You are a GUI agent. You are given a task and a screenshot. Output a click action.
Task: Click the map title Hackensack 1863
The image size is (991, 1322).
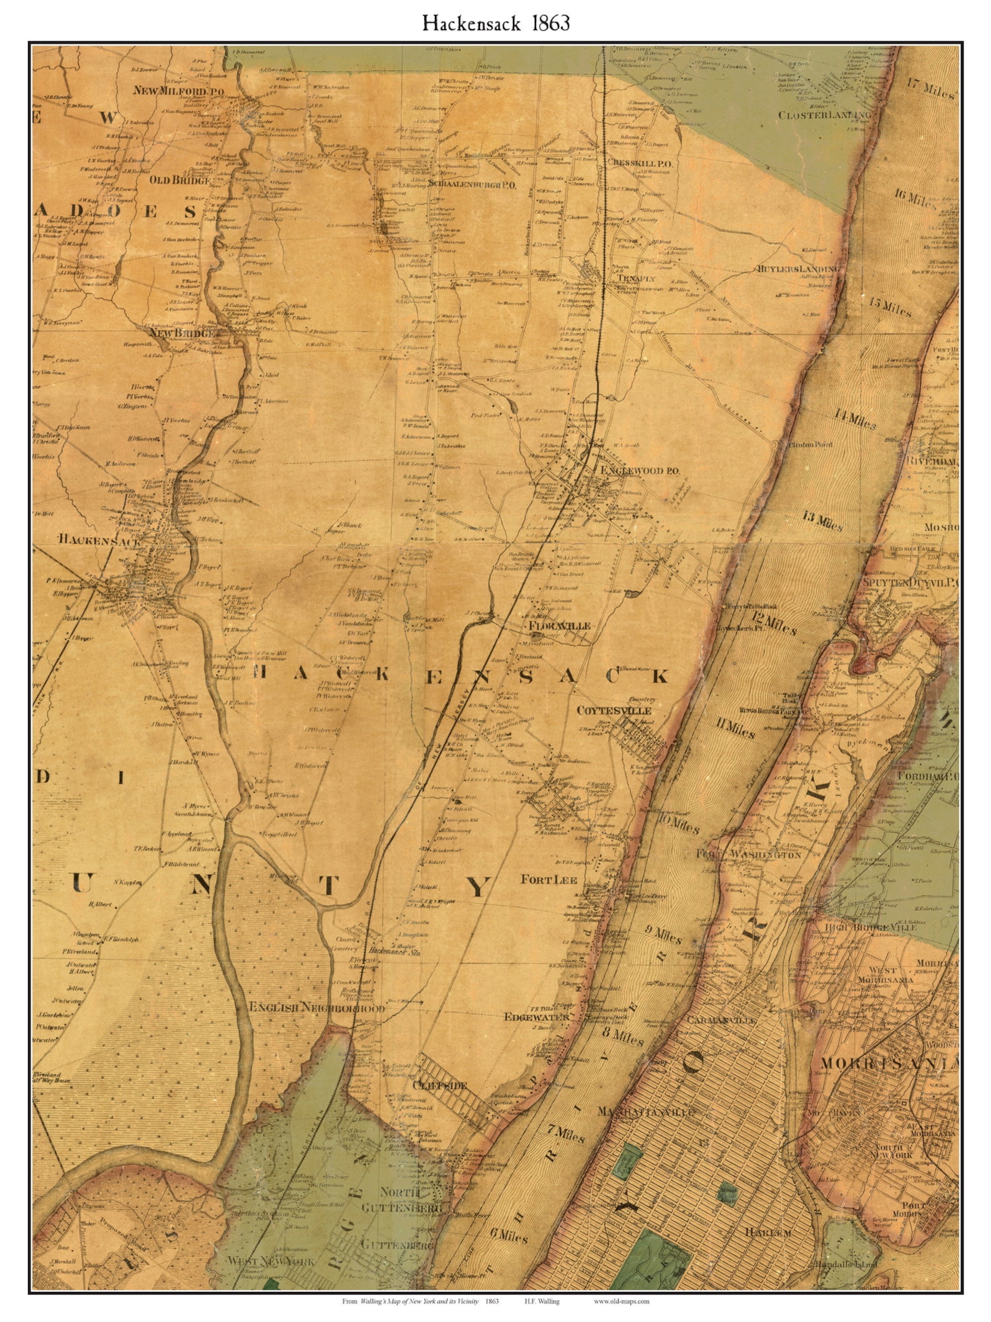(496, 23)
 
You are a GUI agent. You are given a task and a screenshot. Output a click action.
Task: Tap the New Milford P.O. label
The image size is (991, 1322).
(169, 91)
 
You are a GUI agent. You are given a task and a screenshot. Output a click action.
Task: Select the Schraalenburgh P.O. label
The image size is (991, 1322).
(472, 185)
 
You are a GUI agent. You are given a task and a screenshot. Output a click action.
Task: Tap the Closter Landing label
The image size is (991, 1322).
(824, 116)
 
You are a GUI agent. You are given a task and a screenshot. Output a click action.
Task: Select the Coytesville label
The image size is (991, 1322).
(613, 710)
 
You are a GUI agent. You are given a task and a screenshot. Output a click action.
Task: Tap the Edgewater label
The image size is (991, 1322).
(536, 1016)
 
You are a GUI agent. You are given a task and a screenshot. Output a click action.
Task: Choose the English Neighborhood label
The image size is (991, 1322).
(316, 1008)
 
